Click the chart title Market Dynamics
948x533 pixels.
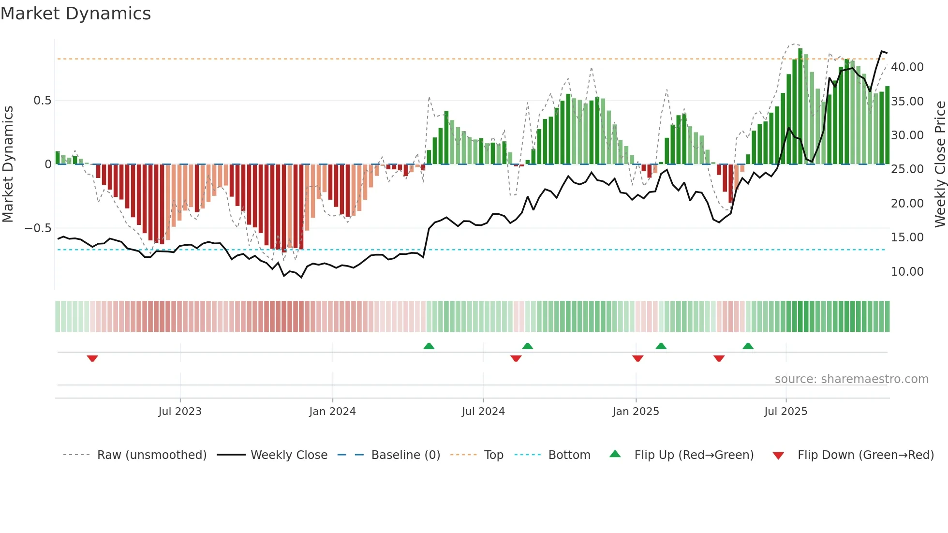click(x=75, y=14)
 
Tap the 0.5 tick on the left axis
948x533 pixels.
click(x=42, y=101)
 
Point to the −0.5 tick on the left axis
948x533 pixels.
click(x=38, y=228)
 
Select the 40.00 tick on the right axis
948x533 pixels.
click(x=907, y=67)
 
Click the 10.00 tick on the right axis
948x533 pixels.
click(x=907, y=272)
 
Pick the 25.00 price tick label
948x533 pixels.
click(x=907, y=169)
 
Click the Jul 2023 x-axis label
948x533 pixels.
click(x=180, y=412)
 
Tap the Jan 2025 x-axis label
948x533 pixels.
click(x=636, y=412)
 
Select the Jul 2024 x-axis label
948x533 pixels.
click(x=483, y=412)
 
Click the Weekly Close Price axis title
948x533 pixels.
click(x=940, y=164)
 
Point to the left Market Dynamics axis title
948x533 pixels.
click(x=8, y=164)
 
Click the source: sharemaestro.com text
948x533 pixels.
click(x=851, y=379)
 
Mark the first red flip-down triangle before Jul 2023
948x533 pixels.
click(x=92, y=358)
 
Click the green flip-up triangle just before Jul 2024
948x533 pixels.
click(x=429, y=346)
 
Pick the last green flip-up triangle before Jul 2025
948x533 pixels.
click(x=748, y=346)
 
